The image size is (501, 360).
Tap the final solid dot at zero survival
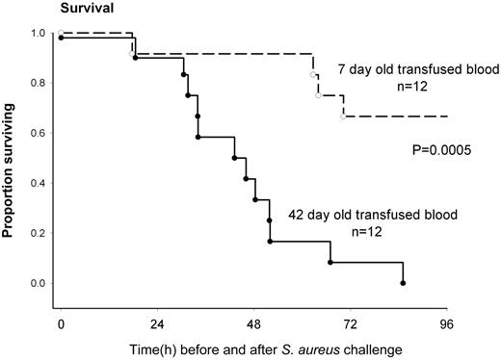coord(403,283)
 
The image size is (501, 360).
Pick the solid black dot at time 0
coord(61,38)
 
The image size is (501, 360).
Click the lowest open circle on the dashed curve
coord(343,116)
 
